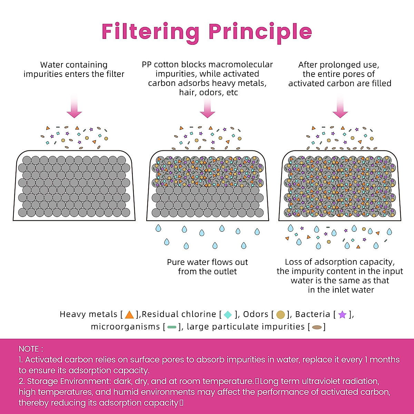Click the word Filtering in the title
pyautogui.click(x=150, y=32)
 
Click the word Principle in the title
pyautogui.click(x=260, y=32)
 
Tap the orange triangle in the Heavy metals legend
pyautogui.click(x=129, y=315)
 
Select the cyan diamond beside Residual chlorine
pyautogui.click(x=228, y=315)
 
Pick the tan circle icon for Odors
pyautogui.click(x=280, y=315)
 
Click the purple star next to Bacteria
pyautogui.click(x=342, y=315)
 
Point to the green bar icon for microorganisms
pyautogui.click(x=172, y=327)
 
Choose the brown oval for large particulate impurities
pyautogui.click(x=317, y=327)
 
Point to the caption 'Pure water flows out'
pyautogui.click(x=207, y=262)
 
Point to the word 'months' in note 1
pyautogui.click(x=385, y=360)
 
